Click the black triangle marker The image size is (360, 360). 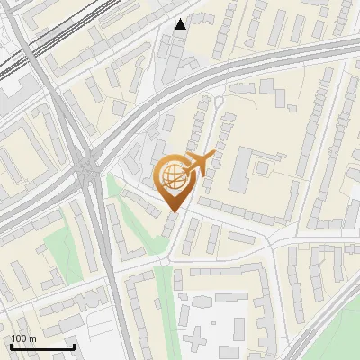[181, 23]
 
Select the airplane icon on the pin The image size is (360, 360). [199, 163]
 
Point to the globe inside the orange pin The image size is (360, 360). [172, 175]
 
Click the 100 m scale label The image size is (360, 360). [23, 338]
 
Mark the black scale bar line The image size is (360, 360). [42, 346]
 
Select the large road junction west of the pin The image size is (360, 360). [88, 166]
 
